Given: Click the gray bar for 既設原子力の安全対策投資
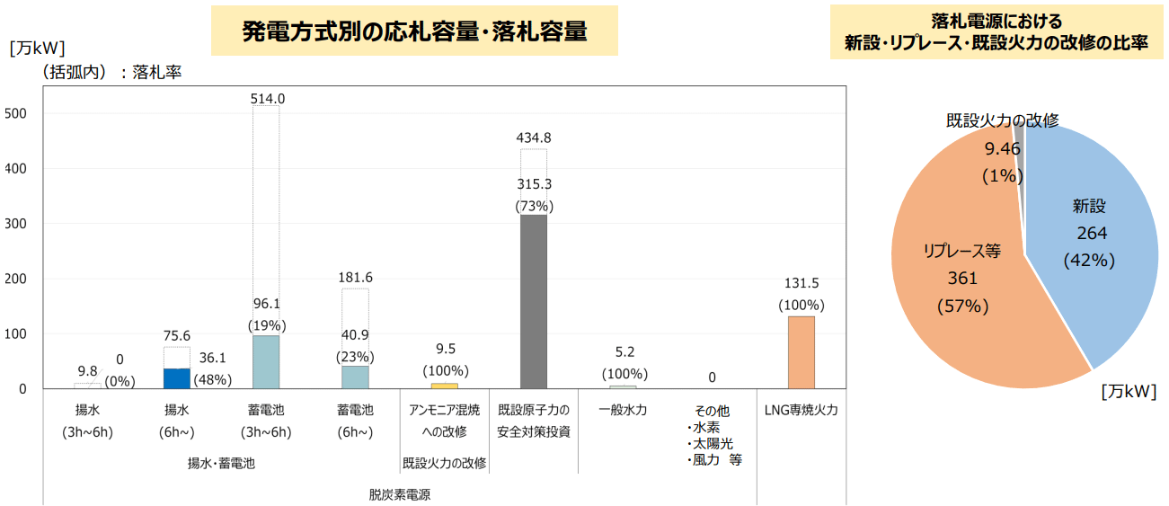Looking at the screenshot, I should pyautogui.click(x=534, y=301).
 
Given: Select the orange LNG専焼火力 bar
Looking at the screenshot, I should pyautogui.click(x=801, y=352).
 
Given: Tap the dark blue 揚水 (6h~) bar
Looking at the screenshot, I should pyautogui.click(x=177, y=378).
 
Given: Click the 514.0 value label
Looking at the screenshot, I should pyautogui.click(x=268, y=98).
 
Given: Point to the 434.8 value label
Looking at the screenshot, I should pyautogui.click(x=534, y=138).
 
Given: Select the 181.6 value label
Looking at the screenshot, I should pyautogui.click(x=355, y=278).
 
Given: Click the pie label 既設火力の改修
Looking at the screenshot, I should pyautogui.click(x=1002, y=120).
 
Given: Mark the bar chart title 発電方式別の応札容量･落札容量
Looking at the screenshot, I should pyautogui.click(x=414, y=31).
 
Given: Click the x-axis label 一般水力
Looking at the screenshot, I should pyautogui.click(x=623, y=410).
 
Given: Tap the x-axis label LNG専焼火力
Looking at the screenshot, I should pyautogui.click(x=801, y=410).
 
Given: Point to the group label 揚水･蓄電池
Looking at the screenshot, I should pyautogui.click(x=221, y=464).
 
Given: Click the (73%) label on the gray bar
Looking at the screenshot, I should pyautogui.click(x=534, y=206).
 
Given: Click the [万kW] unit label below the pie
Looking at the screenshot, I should pyautogui.click(x=1129, y=391).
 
